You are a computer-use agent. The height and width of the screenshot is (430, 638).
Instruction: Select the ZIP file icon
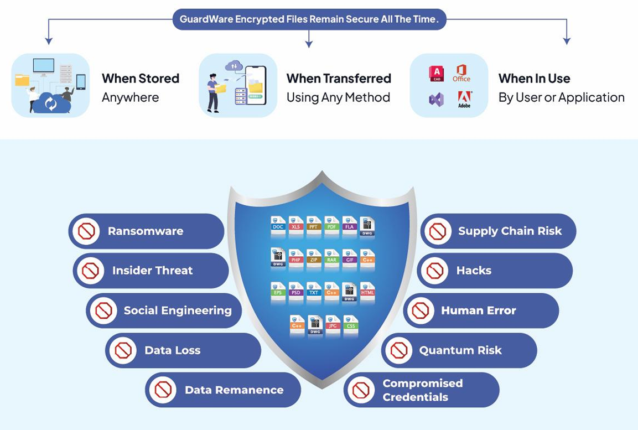(x=314, y=260)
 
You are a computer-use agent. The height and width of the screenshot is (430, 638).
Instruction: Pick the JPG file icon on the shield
(x=333, y=325)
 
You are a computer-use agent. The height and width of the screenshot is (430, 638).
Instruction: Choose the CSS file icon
(x=350, y=325)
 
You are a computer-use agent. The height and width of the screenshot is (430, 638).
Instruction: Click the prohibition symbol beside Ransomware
(x=86, y=231)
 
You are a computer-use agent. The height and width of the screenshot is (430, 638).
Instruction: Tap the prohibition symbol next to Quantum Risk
(x=398, y=350)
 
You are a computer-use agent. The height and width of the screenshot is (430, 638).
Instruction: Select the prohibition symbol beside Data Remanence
(x=163, y=390)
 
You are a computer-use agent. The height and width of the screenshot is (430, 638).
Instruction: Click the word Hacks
(x=474, y=271)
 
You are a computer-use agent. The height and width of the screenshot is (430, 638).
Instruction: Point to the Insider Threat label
(x=152, y=271)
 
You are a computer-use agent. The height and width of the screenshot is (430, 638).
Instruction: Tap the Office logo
(x=461, y=73)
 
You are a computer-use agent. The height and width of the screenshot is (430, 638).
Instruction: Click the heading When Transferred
(x=339, y=79)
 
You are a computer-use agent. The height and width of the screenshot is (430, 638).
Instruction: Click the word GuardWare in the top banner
(x=205, y=19)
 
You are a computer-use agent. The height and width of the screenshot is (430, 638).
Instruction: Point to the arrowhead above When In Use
(x=566, y=40)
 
